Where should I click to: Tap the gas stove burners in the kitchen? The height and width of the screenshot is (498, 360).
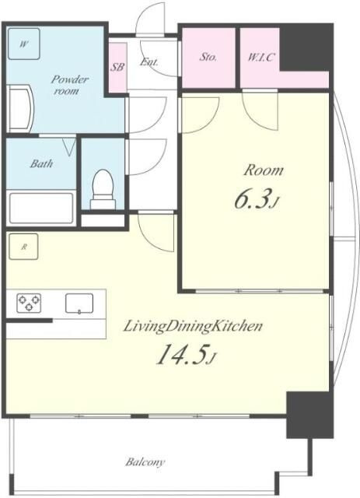click(29, 303)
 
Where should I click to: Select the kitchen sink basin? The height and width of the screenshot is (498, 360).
click(79, 303)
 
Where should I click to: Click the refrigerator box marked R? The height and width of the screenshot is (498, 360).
click(23, 247)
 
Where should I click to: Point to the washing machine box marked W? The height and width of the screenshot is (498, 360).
click(24, 44)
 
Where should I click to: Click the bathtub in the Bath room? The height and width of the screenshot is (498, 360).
click(41, 208)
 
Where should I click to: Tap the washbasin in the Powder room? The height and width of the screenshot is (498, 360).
click(19, 108)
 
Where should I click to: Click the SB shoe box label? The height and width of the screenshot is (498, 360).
click(117, 67)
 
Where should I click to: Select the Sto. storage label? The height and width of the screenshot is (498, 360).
click(208, 57)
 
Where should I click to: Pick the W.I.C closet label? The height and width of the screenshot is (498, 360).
click(260, 58)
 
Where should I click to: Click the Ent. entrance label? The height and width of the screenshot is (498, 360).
click(149, 61)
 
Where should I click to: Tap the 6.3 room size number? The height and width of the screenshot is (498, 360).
click(253, 199)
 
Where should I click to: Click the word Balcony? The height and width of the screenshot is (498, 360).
click(145, 461)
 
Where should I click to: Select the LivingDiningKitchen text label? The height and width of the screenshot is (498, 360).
click(193, 326)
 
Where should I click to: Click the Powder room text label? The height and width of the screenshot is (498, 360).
click(68, 85)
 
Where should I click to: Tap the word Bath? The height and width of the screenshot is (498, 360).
click(41, 164)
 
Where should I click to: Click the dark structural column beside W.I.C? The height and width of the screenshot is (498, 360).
click(306, 48)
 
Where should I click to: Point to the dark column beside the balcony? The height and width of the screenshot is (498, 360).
click(309, 415)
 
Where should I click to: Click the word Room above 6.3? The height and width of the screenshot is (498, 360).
click(264, 170)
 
